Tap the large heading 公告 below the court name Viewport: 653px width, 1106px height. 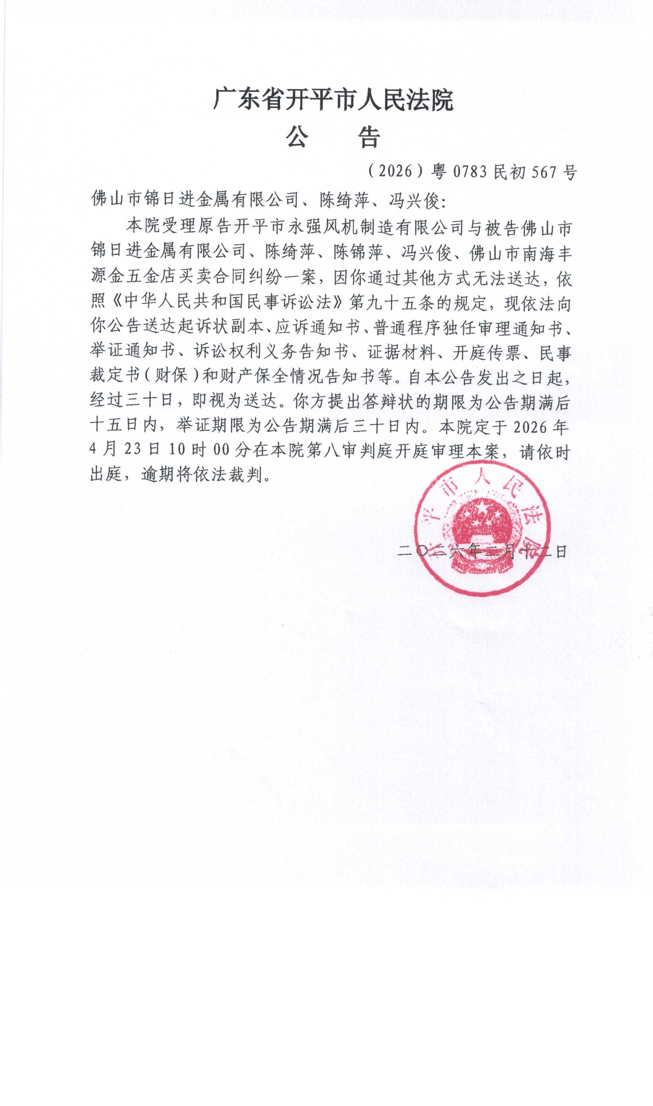pos(333,137)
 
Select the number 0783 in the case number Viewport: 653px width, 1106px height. pos(470,172)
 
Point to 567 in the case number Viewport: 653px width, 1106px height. pos(544,172)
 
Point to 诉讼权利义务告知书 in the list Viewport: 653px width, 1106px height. pos(271,352)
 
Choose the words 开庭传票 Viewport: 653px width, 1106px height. pos(486,352)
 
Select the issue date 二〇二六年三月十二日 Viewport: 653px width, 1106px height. pos(482,551)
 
